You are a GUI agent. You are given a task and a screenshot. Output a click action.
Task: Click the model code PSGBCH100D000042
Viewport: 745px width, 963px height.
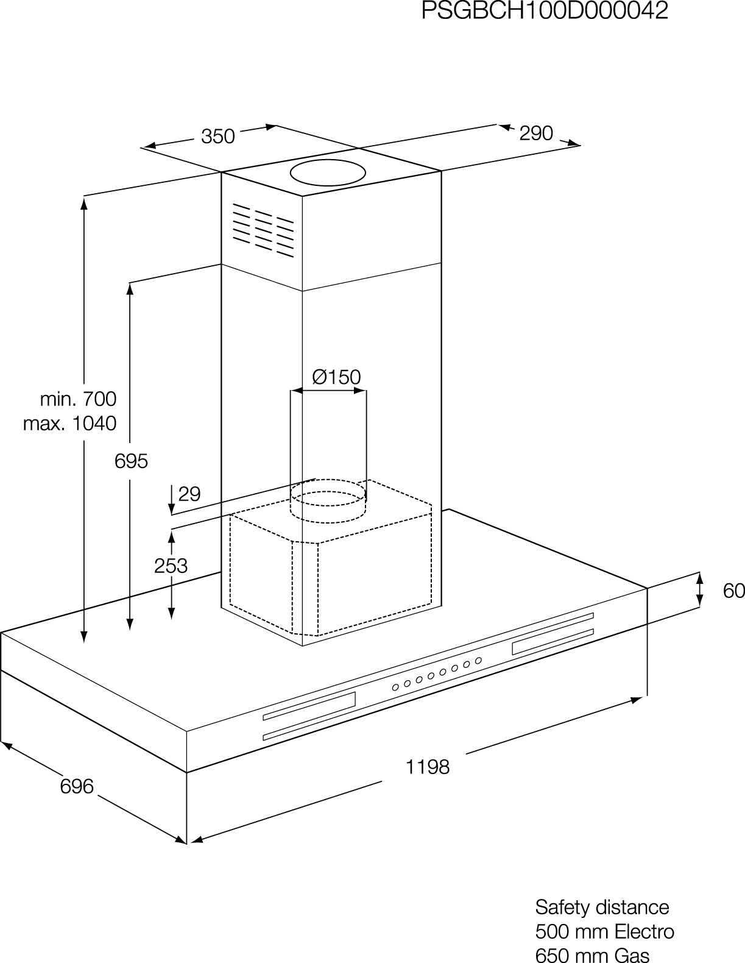coord(545,10)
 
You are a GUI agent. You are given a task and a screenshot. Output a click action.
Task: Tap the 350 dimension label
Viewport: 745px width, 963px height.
coord(217,137)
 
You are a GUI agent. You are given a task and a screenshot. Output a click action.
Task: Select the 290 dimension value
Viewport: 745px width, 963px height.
coord(536,133)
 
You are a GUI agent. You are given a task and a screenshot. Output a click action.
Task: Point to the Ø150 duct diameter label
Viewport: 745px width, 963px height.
coord(337,377)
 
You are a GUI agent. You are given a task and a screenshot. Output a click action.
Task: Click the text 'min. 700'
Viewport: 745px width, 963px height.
coord(79,399)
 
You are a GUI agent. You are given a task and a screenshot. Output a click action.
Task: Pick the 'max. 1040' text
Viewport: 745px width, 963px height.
coord(70,424)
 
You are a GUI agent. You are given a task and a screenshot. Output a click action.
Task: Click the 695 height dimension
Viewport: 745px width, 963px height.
coord(131,461)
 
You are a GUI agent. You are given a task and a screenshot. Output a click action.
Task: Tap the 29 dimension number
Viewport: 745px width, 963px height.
coord(189,494)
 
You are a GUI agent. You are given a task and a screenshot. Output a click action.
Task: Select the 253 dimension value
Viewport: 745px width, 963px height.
coord(171,566)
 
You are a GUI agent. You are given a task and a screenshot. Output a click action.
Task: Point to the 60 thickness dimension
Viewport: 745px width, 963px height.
coord(734,591)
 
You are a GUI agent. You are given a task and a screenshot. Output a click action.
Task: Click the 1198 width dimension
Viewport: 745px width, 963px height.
coord(428,767)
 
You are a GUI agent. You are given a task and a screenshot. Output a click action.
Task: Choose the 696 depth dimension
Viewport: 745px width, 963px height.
coord(77,787)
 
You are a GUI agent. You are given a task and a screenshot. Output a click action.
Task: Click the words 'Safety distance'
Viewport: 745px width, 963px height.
coord(602,907)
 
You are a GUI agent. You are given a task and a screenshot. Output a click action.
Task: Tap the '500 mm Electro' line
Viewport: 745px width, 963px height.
coord(605,932)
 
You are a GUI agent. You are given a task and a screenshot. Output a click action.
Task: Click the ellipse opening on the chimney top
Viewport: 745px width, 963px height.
coord(328,173)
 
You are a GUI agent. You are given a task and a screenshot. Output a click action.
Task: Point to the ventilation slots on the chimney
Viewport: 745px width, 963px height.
coord(263,230)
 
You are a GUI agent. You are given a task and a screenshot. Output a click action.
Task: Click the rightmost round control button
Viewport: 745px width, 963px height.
coord(478,661)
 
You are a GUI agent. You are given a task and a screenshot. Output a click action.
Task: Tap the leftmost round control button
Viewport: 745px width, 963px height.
coord(395,688)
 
